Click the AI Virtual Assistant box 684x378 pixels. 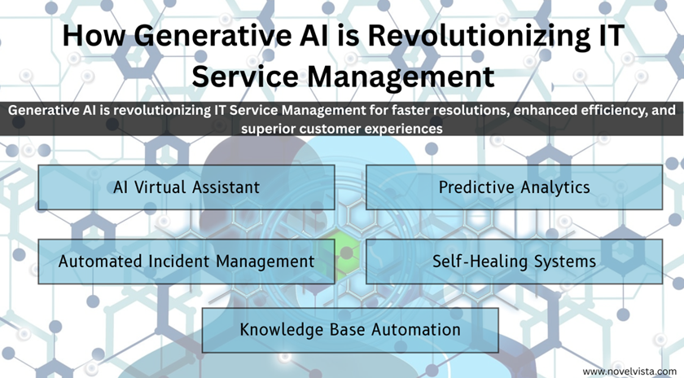point(186,187)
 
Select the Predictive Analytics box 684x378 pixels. point(515,187)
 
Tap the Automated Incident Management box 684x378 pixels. point(186,262)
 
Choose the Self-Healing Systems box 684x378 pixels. point(515,262)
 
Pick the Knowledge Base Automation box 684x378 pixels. point(350,330)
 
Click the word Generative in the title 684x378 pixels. point(213,36)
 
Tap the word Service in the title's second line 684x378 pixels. point(245,77)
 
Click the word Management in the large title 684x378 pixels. point(401,77)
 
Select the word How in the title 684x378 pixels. point(94,36)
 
